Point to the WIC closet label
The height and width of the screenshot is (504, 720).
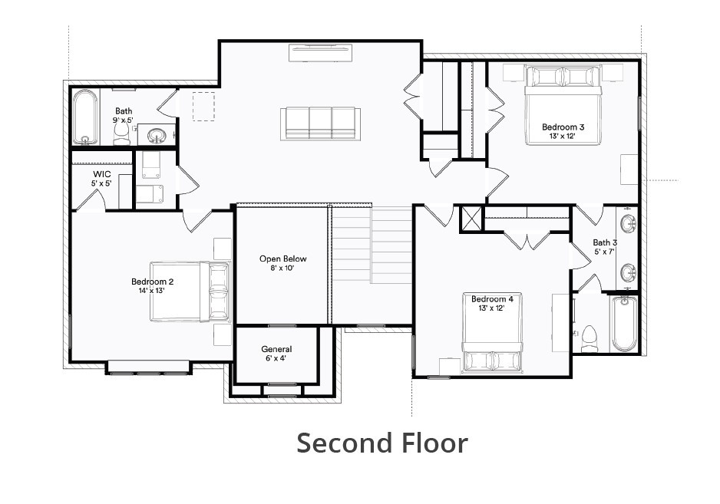(x=102, y=179)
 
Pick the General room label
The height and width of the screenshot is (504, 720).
(x=276, y=354)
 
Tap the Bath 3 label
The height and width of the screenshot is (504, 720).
(x=604, y=247)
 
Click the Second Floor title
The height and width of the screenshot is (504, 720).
(x=381, y=443)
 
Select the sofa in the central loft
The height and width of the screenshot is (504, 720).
(x=321, y=123)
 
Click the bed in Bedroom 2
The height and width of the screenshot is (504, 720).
(x=190, y=292)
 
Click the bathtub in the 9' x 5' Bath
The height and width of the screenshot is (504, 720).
(x=85, y=117)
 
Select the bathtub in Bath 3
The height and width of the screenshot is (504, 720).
(x=624, y=323)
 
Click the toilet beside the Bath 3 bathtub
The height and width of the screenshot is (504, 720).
(x=589, y=336)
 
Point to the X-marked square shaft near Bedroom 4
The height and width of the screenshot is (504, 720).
(x=471, y=219)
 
